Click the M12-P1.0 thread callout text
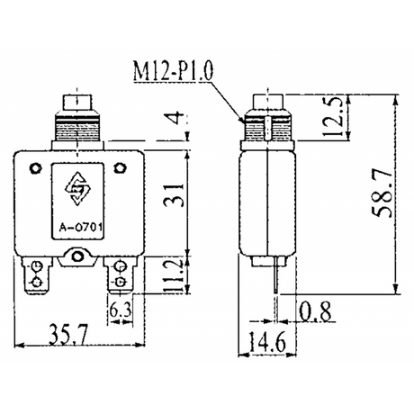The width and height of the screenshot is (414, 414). pyautogui.click(x=174, y=71)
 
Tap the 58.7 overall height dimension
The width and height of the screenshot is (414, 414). pyautogui.click(x=382, y=193)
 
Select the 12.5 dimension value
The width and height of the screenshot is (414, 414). pyautogui.click(x=334, y=116)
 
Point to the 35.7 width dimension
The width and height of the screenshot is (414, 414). pyautogui.click(x=68, y=334)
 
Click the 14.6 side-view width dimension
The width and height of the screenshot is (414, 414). pyautogui.click(x=267, y=342)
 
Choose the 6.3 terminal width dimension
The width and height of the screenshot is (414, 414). pyautogui.click(x=121, y=310)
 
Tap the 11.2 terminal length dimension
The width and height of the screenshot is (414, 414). pyautogui.click(x=173, y=276)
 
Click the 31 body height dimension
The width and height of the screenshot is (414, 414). pyautogui.click(x=173, y=195)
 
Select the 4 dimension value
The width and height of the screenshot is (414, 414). pyautogui.click(x=177, y=118)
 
